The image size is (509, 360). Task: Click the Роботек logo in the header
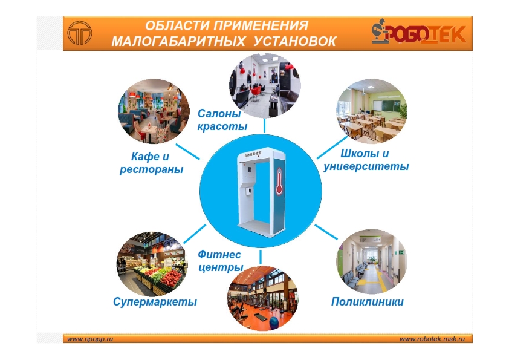[x=419, y=32]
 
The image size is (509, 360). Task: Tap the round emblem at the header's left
[x=80, y=33]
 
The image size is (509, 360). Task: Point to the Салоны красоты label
[x=222, y=120]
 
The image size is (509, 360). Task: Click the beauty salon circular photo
[x=265, y=86]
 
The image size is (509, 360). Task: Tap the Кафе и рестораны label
[x=151, y=163]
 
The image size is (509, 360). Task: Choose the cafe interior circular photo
[x=154, y=111]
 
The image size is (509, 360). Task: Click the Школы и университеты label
[x=366, y=160]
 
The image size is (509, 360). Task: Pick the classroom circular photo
[x=371, y=111]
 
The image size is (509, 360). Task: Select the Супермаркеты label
[x=155, y=301]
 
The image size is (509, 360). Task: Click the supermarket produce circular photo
[x=152, y=264]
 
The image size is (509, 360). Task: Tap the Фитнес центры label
[x=221, y=261]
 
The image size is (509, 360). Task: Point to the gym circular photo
[x=262, y=298]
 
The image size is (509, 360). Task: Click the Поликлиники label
[x=367, y=301]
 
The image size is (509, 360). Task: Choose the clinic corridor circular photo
[x=371, y=262]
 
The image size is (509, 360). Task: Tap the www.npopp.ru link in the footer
[x=90, y=339]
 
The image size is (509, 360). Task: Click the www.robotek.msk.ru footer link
[x=432, y=339]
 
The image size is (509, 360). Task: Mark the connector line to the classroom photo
[x=332, y=148]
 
